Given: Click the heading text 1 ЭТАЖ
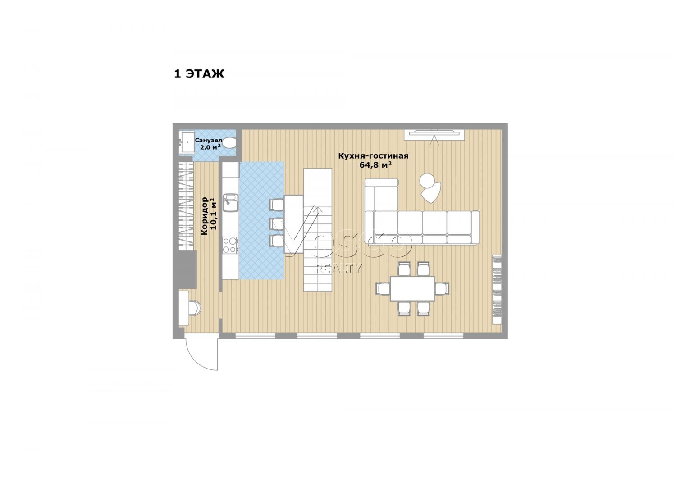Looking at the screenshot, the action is tap(199, 74).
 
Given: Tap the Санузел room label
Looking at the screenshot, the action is tap(209, 140).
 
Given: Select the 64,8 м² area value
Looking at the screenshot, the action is tap(375, 164).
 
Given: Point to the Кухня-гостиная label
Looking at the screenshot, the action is tap(373, 156).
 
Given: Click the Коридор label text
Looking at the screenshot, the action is tap(204, 216).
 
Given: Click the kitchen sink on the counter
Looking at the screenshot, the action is tap(231, 203).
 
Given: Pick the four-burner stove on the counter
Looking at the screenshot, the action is tap(230, 245).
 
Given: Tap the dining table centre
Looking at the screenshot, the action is tap(412, 288).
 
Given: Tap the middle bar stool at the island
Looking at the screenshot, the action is tap(276, 223).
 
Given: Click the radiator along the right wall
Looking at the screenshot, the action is tap(497, 290).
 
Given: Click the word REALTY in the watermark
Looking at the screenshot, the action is tap(338, 268).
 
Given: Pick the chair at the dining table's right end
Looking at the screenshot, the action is tap(442, 288).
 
